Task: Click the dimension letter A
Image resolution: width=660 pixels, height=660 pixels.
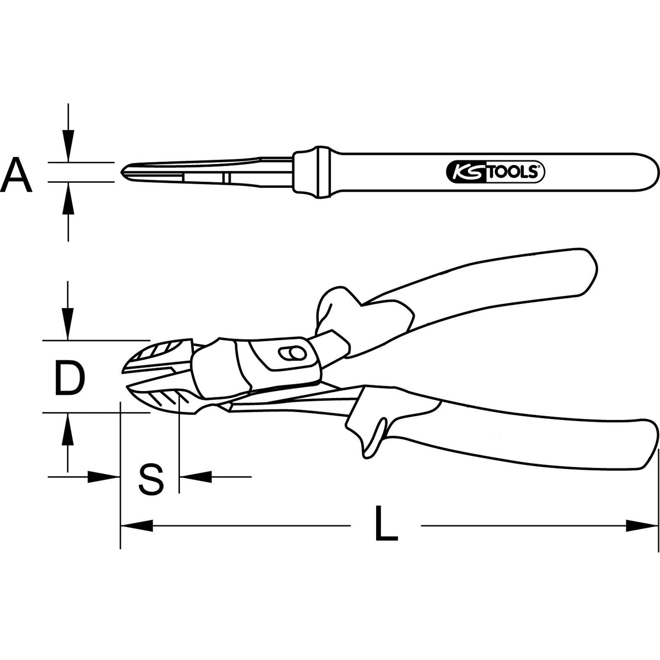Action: point(16,174)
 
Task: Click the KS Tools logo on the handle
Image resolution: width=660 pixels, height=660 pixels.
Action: point(495,172)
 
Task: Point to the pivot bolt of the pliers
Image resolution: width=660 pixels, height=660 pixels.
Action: point(292,354)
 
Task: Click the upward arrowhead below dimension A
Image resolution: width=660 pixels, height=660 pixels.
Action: point(68,198)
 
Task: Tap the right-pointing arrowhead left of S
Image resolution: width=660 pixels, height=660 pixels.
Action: point(104,477)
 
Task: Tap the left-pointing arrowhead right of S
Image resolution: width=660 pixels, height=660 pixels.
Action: point(196,477)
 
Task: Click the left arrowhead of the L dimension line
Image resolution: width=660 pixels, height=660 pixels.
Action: point(137,526)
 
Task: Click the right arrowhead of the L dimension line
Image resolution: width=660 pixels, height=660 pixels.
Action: point(641,526)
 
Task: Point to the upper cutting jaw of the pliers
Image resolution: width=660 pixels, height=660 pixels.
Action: point(159,354)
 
